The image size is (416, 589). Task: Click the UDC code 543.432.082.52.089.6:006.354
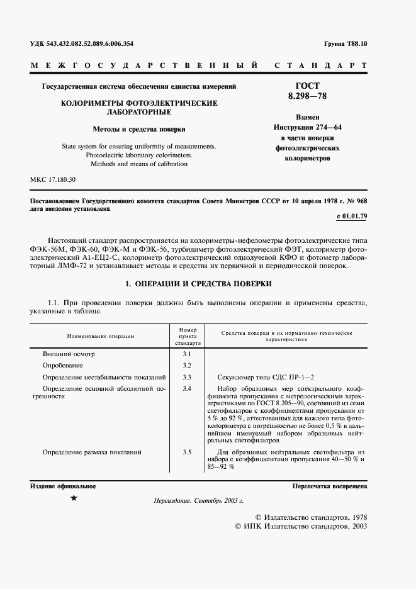[x=82, y=43]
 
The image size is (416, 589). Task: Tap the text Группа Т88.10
[x=346, y=43]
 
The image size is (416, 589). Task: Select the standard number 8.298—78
[x=307, y=96]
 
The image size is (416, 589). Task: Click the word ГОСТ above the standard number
[x=307, y=86]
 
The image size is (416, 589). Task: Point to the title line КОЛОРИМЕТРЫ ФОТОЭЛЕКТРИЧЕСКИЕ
[x=138, y=103]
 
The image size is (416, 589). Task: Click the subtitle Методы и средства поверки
[x=138, y=128]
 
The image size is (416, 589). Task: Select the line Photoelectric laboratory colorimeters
[x=138, y=155]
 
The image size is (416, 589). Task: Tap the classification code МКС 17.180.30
[x=53, y=180]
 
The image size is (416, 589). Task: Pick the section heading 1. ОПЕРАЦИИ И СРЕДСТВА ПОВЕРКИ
[x=198, y=284]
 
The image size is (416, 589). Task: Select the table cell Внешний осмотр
[x=68, y=354]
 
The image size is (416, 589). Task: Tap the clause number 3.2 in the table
[x=186, y=365]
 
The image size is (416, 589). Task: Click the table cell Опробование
[x=63, y=365]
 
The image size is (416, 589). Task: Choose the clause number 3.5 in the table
[x=186, y=452]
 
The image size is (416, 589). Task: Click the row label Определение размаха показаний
[x=91, y=452]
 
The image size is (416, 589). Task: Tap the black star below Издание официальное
[x=74, y=498]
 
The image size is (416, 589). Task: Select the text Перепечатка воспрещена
[x=329, y=487]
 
